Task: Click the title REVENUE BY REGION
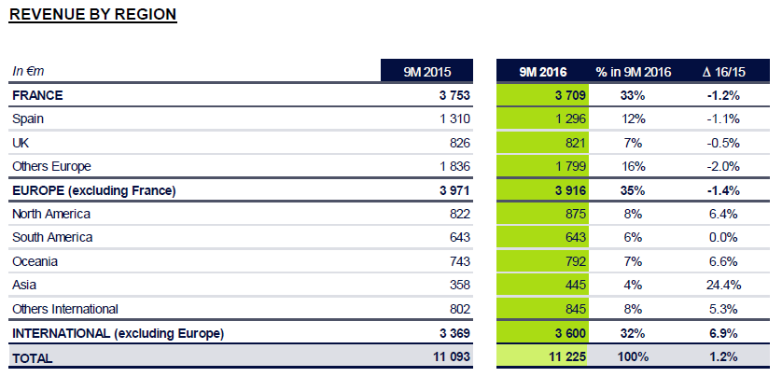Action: point(92,14)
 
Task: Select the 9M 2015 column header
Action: point(427,71)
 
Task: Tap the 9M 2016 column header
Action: point(542,71)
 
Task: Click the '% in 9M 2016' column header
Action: point(634,71)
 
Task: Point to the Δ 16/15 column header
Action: point(722,71)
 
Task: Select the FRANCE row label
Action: point(37,95)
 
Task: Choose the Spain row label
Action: point(28,119)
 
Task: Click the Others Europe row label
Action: point(51,166)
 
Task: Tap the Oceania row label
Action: point(35,261)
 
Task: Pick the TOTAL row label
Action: point(33,357)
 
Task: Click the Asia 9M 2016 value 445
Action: point(572,286)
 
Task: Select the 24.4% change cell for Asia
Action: point(722,286)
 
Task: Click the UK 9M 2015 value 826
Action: point(455,143)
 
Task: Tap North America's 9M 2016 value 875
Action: point(572,214)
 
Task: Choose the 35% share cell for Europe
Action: point(634,190)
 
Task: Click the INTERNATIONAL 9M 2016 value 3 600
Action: point(566,333)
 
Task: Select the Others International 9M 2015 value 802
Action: point(455,309)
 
